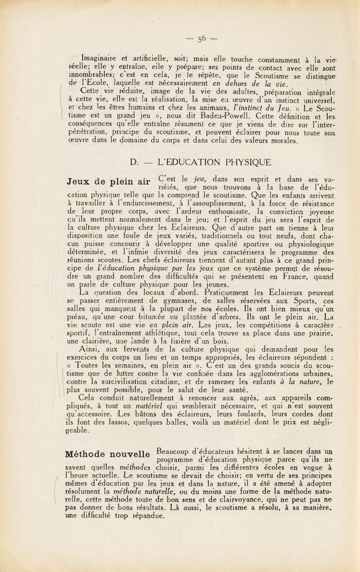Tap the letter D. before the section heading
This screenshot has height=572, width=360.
point(135,163)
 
